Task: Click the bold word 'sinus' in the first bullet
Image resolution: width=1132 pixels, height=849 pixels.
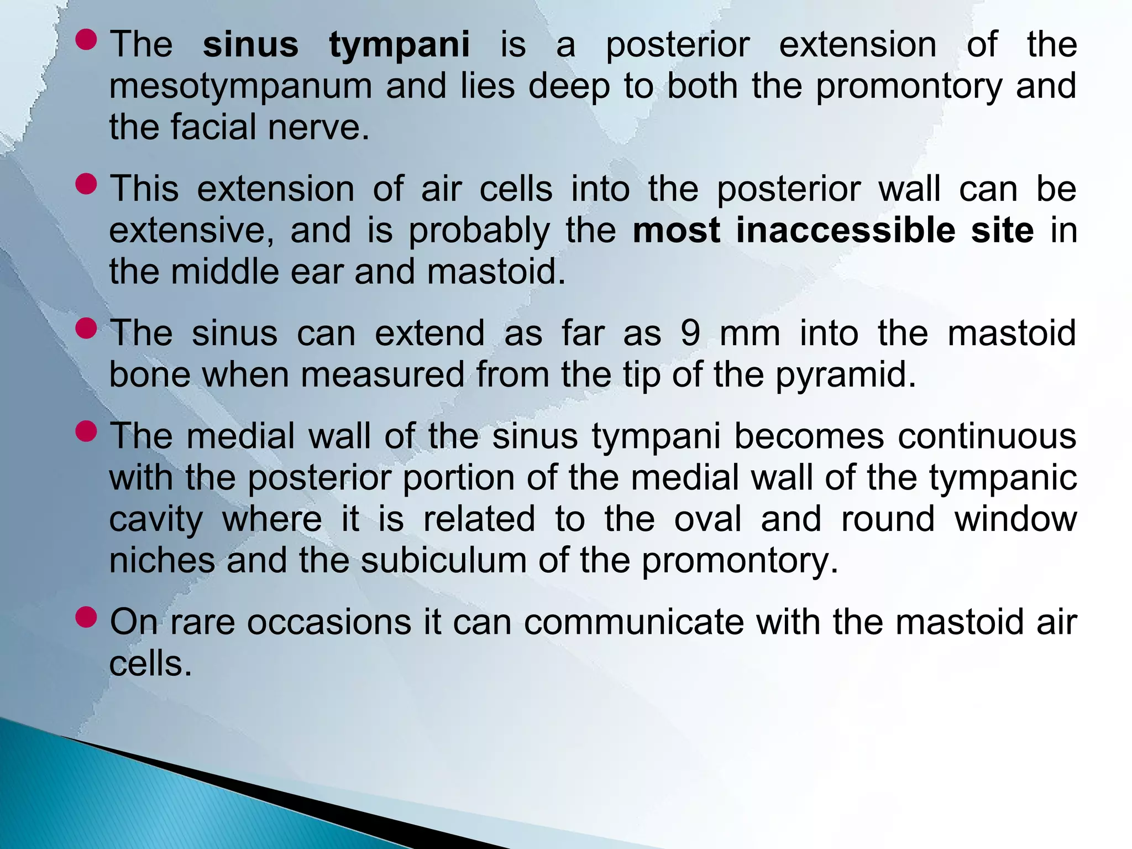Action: [250, 45]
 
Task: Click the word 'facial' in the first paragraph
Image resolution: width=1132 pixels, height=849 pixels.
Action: [214, 128]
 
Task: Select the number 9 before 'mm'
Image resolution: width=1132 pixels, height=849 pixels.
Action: [690, 334]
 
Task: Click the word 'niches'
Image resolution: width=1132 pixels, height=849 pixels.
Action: [162, 561]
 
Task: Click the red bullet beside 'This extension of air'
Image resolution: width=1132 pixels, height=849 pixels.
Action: [87, 184]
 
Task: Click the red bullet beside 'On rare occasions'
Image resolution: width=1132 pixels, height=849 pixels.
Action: [87, 617]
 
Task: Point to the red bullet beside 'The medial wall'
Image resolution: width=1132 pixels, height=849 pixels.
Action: [87, 431]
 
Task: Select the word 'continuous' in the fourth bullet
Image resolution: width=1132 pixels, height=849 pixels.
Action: [987, 436]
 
